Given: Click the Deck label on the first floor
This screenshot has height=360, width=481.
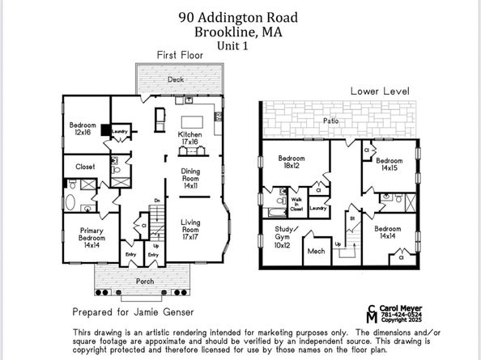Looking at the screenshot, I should [x=176, y=79].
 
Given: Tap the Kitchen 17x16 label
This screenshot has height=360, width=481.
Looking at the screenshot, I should [x=190, y=138].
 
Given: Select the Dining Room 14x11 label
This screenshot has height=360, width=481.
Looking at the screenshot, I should [x=190, y=178].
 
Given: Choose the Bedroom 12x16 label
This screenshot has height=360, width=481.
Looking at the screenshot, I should [x=83, y=129].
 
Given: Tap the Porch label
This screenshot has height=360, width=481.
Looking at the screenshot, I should [x=145, y=282].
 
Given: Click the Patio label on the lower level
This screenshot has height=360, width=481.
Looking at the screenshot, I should [x=330, y=121].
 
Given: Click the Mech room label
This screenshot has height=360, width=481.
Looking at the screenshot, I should [x=316, y=252].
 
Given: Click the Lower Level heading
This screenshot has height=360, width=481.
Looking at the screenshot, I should [x=380, y=91].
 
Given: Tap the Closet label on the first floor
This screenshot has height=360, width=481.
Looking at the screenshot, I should [x=85, y=167].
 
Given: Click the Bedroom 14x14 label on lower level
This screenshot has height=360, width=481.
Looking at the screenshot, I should [x=388, y=233].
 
